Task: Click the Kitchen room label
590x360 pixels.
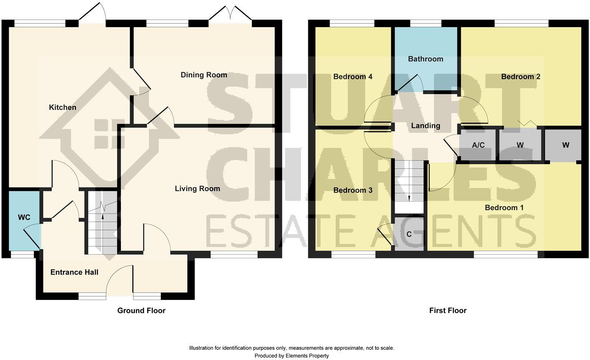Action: tap(62, 107)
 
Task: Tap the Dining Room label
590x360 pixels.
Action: tap(204, 75)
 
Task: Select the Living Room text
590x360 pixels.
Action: tap(197, 189)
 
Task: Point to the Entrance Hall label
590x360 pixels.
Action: tap(74, 272)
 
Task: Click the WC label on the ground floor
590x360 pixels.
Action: tap(24, 217)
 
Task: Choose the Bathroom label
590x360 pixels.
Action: tap(425, 59)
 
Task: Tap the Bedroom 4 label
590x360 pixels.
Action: tap(352, 77)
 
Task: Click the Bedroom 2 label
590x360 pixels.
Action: tap(520, 77)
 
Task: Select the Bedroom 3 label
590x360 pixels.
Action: tap(352, 190)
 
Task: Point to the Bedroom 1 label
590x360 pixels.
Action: tap(504, 208)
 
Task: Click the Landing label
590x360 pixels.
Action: tap(425, 126)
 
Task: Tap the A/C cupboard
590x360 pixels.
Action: tap(478, 145)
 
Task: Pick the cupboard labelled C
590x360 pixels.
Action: tap(409, 235)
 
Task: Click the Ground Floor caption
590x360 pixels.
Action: tap(141, 311)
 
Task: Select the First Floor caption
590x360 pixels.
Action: tap(447, 311)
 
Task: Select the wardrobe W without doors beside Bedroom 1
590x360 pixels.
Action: tap(565, 145)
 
